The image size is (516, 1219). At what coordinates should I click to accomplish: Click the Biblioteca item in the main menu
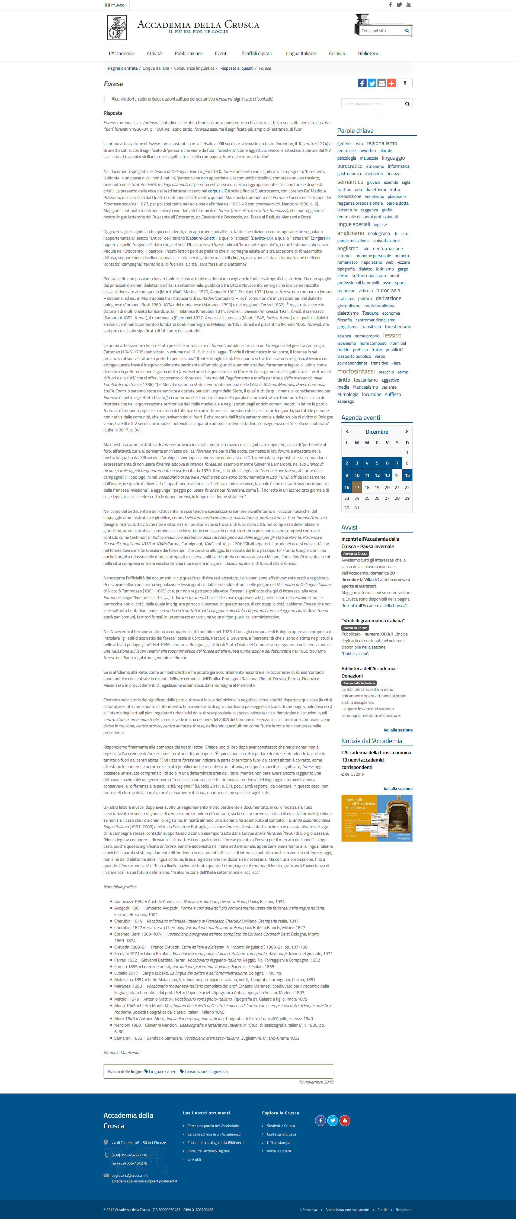point(368,53)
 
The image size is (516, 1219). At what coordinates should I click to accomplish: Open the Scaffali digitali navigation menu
point(257,53)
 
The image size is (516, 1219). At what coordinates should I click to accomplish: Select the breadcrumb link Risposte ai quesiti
point(237,68)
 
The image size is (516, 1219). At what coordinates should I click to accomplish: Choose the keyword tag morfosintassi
point(355,372)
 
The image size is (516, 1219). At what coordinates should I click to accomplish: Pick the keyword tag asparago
point(345,401)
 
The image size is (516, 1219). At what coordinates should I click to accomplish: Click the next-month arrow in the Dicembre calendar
point(406,431)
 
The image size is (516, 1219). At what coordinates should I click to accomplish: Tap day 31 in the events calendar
point(357,508)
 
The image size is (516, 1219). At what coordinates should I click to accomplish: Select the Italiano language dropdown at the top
point(116,5)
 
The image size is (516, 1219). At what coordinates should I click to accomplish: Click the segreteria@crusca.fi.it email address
point(129,1175)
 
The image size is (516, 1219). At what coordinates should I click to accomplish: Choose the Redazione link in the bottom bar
point(403,1210)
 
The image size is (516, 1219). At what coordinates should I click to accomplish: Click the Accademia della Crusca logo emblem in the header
point(117,27)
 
